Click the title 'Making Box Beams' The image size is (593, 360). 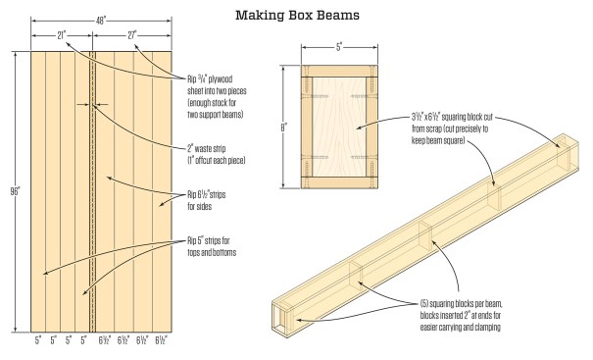tap(297, 15)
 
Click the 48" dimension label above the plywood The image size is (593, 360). tap(101, 21)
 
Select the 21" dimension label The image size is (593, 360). tap(62, 35)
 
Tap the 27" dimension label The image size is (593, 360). tap(132, 35)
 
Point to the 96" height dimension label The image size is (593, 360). tap(15, 191)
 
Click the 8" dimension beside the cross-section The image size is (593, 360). tap(283, 128)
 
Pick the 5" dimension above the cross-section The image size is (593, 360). tap(339, 47)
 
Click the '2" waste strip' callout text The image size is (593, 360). tap(217, 154)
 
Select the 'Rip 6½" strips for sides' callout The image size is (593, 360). tap(207, 201)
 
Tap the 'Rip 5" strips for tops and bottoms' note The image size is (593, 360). tap(212, 246)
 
